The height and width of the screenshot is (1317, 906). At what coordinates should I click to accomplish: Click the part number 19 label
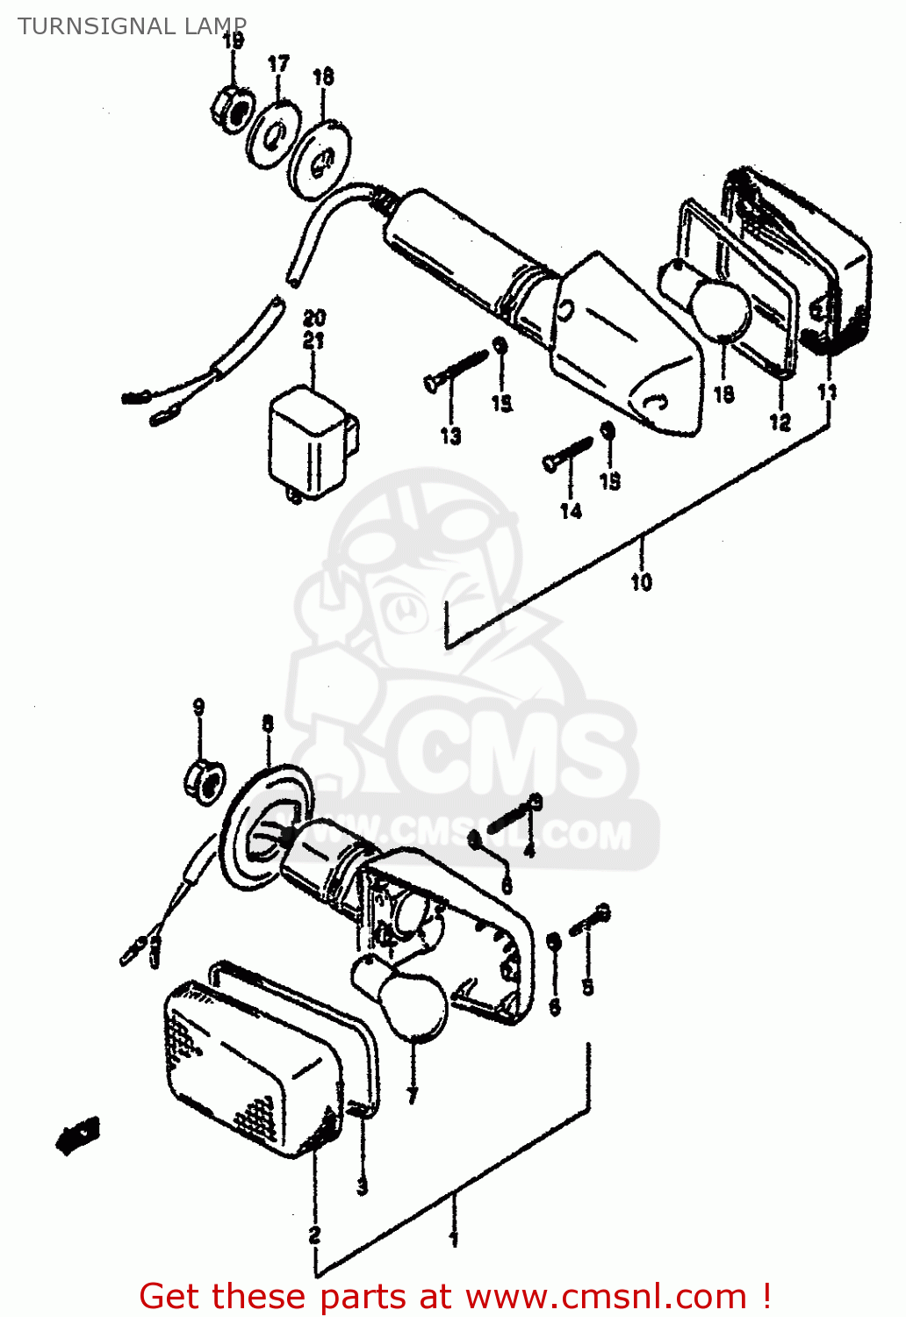(233, 40)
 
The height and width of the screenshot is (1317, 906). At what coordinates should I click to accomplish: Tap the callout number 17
(278, 64)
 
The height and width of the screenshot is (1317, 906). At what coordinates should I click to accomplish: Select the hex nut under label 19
(232, 109)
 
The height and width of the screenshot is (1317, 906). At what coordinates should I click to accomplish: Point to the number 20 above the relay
(314, 318)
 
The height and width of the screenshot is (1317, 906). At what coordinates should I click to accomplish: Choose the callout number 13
(450, 435)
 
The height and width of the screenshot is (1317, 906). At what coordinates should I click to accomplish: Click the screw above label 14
(568, 453)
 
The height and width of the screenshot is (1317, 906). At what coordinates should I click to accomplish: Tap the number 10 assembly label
(641, 581)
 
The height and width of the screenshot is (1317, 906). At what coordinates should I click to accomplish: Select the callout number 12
(780, 422)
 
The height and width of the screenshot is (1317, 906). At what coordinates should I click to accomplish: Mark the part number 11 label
(827, 392)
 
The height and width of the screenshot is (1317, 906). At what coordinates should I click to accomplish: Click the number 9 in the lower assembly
(198, 707)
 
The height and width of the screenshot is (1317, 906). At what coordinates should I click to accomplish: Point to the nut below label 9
(203, 780)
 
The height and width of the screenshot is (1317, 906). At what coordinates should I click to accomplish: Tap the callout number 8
(268, 723)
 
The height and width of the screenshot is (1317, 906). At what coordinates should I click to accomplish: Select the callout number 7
(412, 1095)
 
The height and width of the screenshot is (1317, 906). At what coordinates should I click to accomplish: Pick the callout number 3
(362, 1186)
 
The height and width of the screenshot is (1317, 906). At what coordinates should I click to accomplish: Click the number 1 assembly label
(453, 1239)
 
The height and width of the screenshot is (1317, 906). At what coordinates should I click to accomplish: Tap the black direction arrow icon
(79, 1134)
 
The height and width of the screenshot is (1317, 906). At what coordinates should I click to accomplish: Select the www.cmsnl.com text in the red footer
(605, 1296)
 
